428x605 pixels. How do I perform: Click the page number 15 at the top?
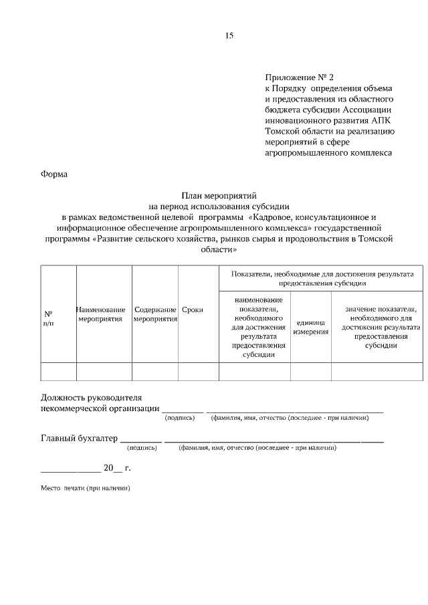pyautogui.click(x=229, y=35)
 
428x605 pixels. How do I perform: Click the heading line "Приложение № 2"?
pyautogui.click(x=299, y=78)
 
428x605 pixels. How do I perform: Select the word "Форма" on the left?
pyautogui.click(x=54, y=174)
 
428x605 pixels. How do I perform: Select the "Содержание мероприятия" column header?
pyautogui.click(x=154, y=314)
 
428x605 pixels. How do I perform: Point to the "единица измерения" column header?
pyautogui.click(x=310, y=327)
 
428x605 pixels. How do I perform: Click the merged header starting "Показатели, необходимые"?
pyautogui.click(x=322, y=278)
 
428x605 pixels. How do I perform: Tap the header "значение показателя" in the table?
pyautogui.click(x=381, y=327)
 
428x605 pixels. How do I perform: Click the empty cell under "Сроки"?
pyautogui.click(x=198, y=371)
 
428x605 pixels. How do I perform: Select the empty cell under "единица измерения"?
pyautogui.click(x=310, y=371)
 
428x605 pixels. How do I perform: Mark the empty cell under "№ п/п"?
pyautogui.click(x=58, y=371)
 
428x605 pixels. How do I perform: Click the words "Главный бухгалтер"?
pyautogui.click(x=79, y=439)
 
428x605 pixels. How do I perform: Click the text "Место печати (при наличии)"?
pyautogui.click(x=85, y=489)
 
